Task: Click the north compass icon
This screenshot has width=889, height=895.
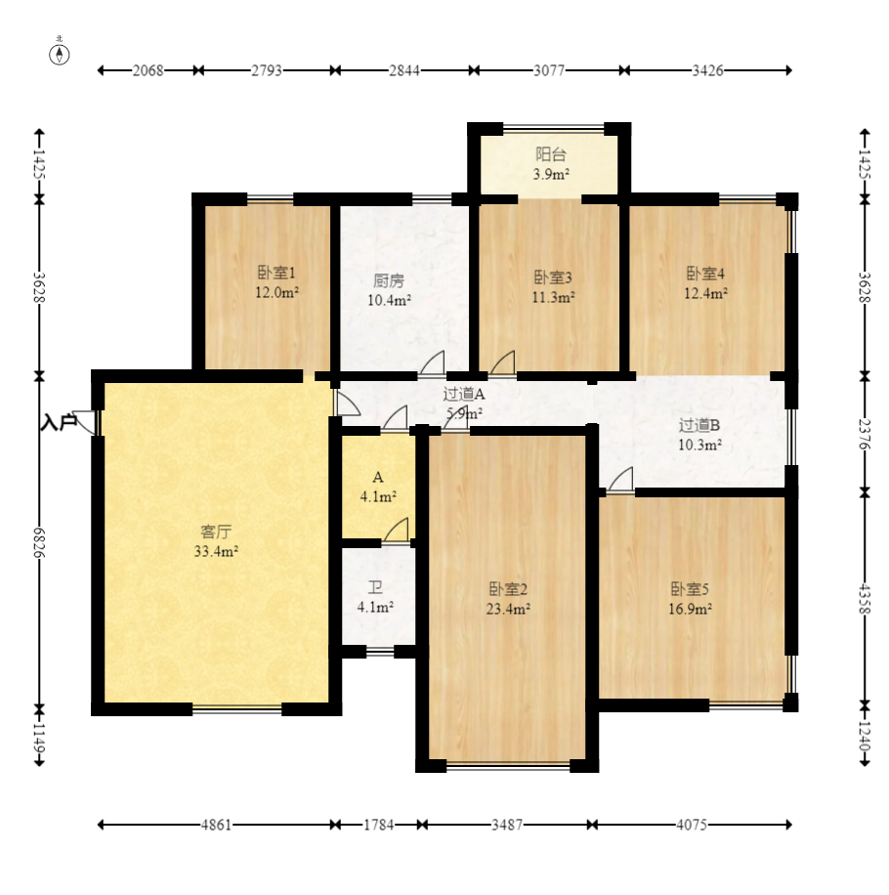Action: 60,53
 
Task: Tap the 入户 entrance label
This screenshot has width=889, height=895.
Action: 59,422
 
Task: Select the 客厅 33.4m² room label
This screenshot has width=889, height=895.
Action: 216,541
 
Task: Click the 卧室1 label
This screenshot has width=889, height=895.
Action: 276,273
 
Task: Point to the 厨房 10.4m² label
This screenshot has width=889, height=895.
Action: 389,290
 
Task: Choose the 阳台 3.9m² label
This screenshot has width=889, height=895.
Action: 551,164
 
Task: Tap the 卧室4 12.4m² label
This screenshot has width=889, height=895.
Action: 706,283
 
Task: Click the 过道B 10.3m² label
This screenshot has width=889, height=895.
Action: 699,435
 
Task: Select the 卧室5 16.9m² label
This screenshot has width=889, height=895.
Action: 690,599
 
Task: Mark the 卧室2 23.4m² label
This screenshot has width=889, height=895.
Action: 508,599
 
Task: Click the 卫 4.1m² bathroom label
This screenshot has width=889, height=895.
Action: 375,597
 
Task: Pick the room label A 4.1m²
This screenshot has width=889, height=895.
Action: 378,487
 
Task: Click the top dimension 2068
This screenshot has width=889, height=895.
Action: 148,70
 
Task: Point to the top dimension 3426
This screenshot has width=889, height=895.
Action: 707,70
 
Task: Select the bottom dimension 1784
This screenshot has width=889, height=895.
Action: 379,825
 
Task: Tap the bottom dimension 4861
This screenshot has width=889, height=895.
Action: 216,825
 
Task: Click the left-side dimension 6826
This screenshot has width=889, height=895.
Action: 39,542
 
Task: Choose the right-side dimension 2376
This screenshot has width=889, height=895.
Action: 865,434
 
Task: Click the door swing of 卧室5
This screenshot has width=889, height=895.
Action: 620,479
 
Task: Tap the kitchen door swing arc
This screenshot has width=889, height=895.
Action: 432,362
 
